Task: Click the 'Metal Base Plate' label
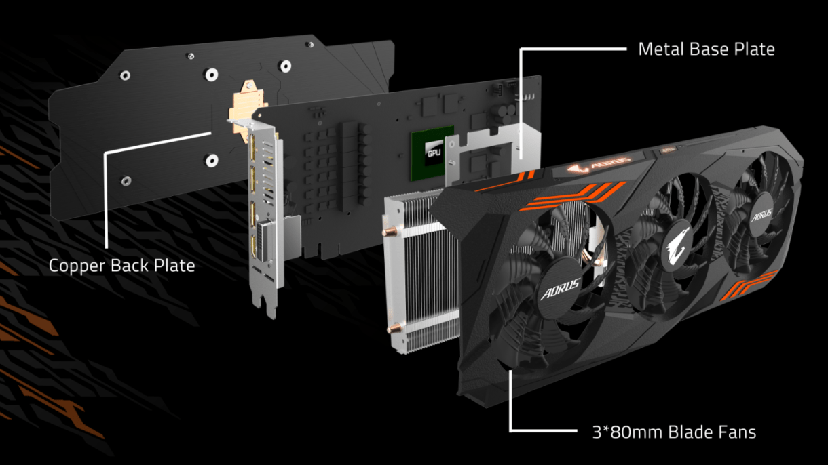(x=707, y=49)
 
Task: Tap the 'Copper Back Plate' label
(x=122, y=266)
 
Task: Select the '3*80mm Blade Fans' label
(x=674, y=432)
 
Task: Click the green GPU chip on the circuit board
(x=432, y=153)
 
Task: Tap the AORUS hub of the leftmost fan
(x=561, y=289)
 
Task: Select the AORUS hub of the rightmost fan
(x=762, y=215)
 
